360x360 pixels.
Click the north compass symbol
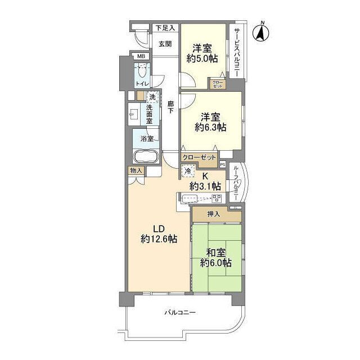(261, 33)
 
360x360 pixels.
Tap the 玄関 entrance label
(165, 44)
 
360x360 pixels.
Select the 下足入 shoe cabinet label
(165, 28)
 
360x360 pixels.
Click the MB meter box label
(140, 56)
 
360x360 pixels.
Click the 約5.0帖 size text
(202, 58)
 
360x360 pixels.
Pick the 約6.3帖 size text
(210, 127)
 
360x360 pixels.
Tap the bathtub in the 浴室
(146, 156)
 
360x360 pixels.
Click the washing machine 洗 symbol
(152, 97)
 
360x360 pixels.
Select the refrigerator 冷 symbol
(188, 171)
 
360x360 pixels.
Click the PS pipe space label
(223, 164)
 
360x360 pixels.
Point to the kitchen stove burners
(217, 199)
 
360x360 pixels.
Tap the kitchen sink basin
(190, 198)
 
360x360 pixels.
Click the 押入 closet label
(214, 214)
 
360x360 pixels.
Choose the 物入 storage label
(136, 171)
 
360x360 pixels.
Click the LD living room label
(159, 229)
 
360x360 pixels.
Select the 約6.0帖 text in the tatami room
(215, 263)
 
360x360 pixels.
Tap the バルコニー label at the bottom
(180, 313)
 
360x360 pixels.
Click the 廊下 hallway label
(170, 107)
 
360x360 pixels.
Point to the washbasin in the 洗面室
(133, 114)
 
